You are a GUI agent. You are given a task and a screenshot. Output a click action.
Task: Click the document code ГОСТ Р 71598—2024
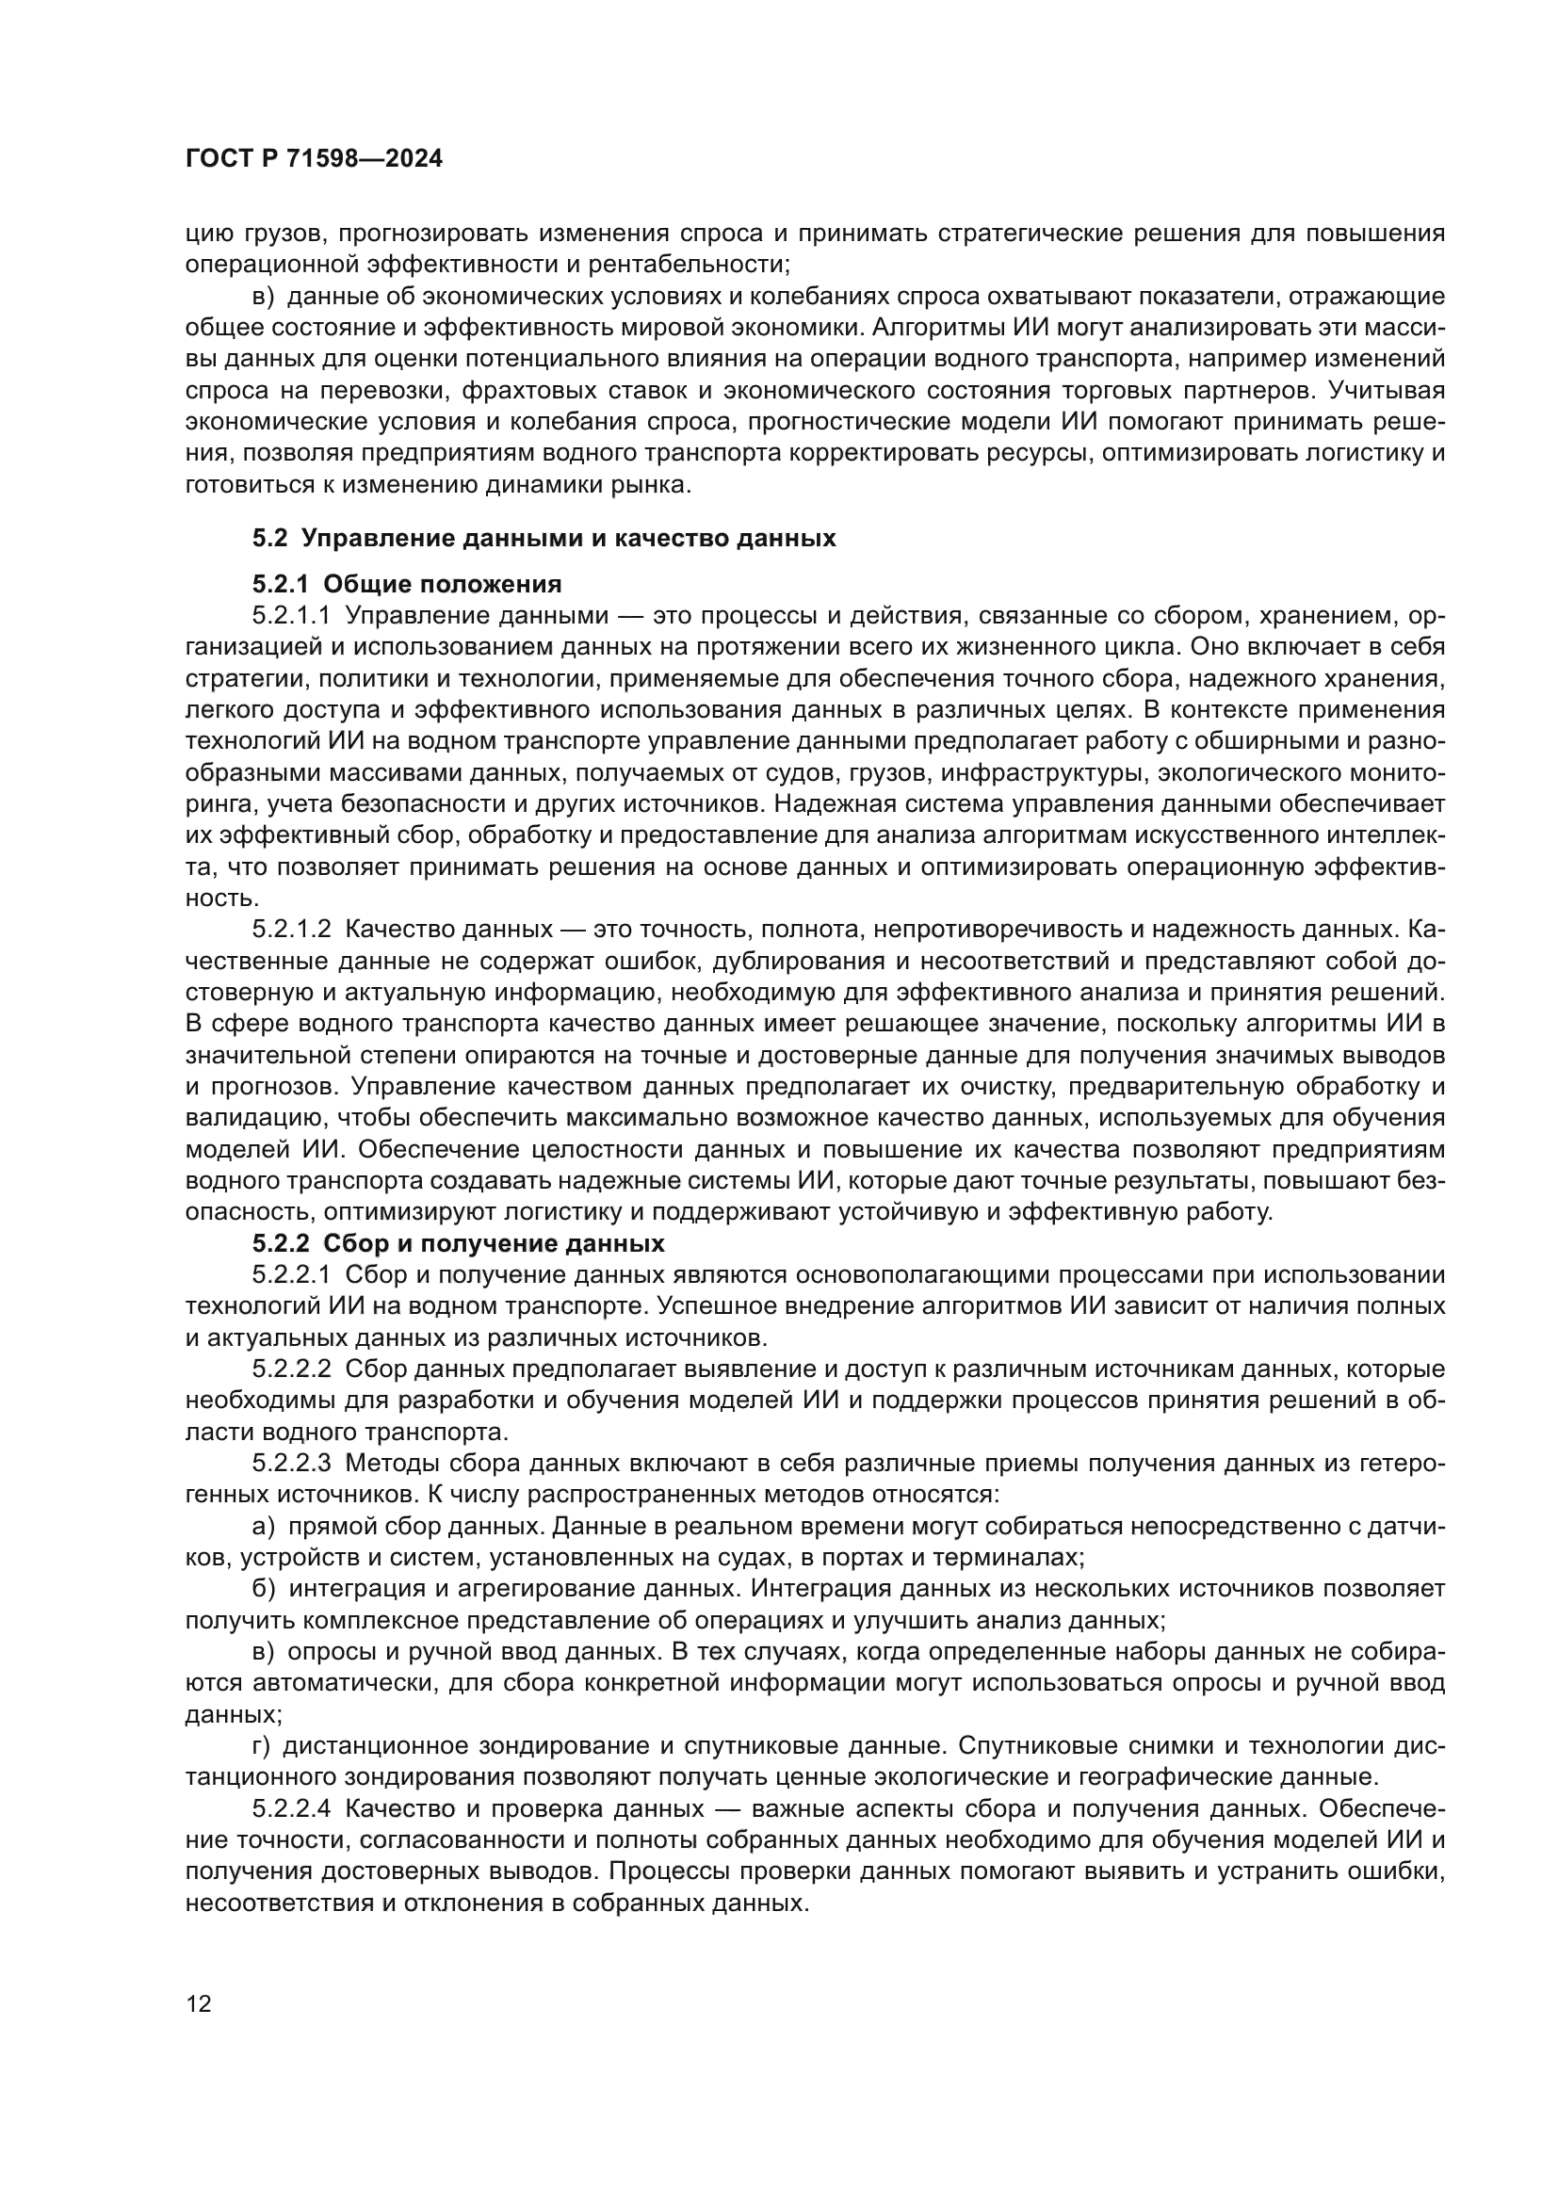(314, 159)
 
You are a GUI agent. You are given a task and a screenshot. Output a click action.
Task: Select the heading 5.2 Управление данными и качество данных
(544, 539)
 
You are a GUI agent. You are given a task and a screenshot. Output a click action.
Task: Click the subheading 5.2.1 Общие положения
(407, 584)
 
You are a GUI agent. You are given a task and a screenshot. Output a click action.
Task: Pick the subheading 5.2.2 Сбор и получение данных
(459, 1244)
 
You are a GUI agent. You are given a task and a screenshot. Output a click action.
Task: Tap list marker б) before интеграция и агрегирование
(264, 1589)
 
